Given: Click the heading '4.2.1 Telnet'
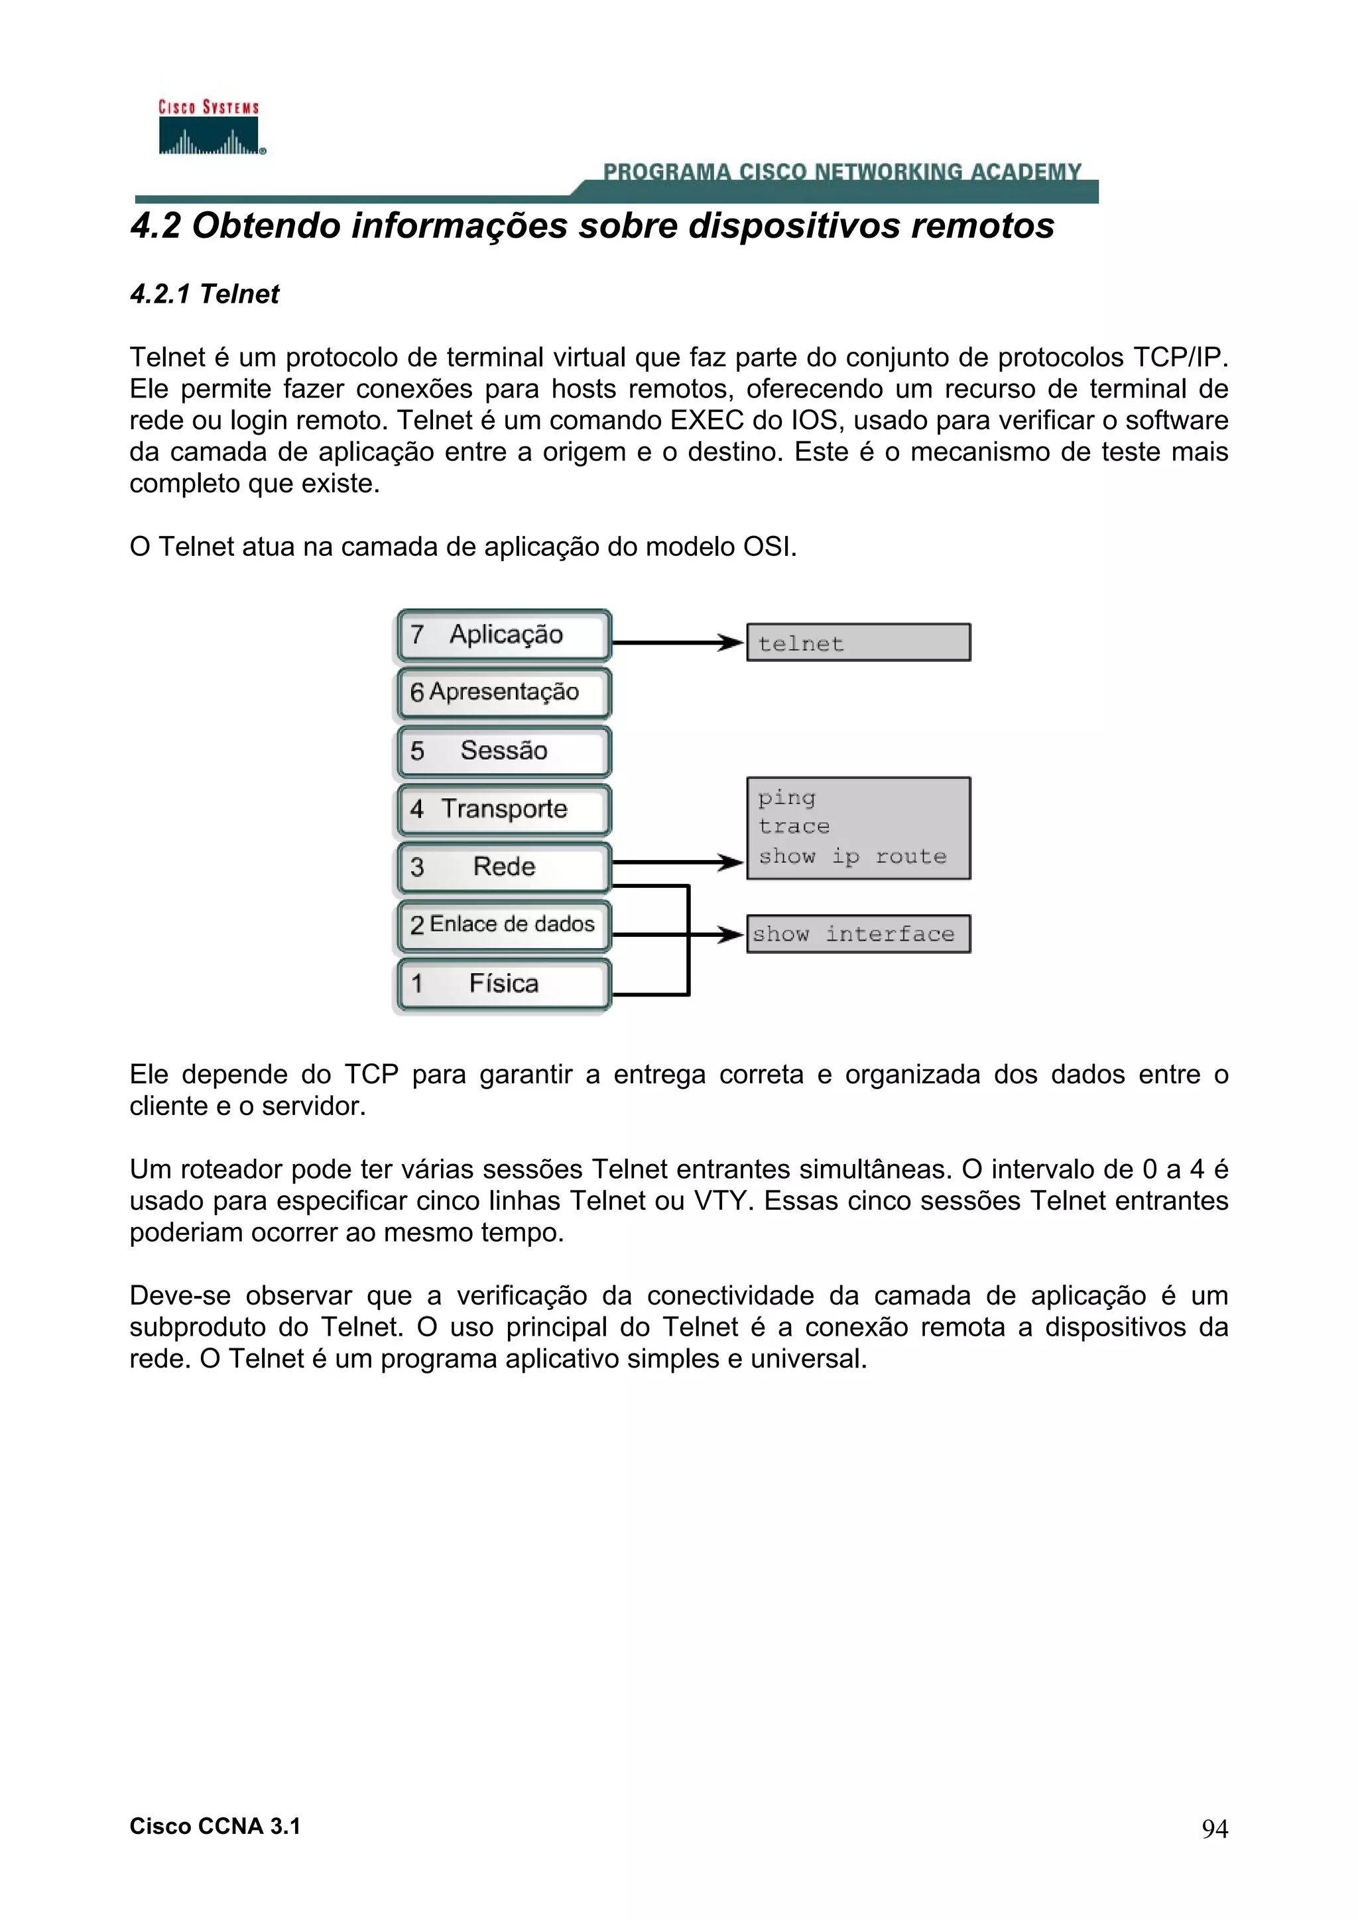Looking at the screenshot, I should pos(204,294).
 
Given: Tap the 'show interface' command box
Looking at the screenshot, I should pos(859,934).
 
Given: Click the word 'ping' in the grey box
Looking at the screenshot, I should pos(786,798).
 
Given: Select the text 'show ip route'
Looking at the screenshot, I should pos(852,857).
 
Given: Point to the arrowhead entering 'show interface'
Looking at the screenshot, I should pos(732,934).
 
